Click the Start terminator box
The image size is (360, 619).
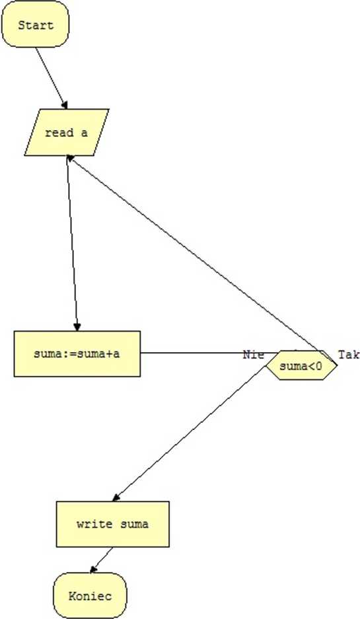click(x=36, y=24)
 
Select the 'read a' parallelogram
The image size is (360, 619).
click(x=66, y=132)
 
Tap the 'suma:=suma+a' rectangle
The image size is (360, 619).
click(x=77, y=353)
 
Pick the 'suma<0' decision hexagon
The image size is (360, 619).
click(x=302, y=365)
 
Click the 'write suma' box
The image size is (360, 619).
click(x=113, y=525)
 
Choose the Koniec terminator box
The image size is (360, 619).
click(x=90, y=596)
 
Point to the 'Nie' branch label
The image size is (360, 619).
click(x=253, y=354)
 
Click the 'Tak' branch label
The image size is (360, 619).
click(x=349, y=355)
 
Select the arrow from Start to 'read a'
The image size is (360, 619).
click(x=52, y=78)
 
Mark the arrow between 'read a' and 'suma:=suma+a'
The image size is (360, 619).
click(x=73, y=243)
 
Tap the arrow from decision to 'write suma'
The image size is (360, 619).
click(x=190, y=433)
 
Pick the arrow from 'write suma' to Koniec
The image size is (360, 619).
click(x=102, y=560)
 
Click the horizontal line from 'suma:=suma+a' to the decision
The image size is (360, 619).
click(x=209, y=353)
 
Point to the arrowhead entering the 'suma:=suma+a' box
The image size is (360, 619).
click(x=77, y=326)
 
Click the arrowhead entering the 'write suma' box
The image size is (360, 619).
click(x=116, y=498)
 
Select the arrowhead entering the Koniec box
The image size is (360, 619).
click(x=93, y=569)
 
